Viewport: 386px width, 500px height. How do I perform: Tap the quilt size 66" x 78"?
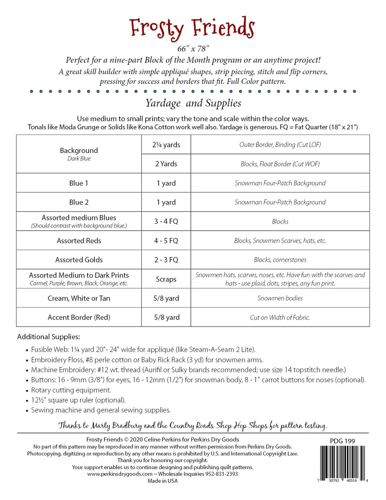(x=193, y=49)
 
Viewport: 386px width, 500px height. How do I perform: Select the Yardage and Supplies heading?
(x=193, y=103)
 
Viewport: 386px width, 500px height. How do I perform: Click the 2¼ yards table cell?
(x=166, y=145)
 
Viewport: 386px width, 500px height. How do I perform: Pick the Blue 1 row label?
(x=79, y=183)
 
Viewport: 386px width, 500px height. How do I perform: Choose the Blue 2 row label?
(x=79, y=202)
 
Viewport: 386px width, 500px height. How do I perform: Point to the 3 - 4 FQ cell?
(x=166, y=221)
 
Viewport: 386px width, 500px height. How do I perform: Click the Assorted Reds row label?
(x=79, y=241)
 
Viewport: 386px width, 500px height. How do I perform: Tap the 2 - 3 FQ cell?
(x=166, y=260)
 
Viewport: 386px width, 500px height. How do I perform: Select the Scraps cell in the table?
(x=166, y=279)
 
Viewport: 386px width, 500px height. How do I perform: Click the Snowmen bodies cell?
(x=280, y=298)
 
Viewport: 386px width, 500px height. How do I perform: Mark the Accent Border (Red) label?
(x=79, y=317)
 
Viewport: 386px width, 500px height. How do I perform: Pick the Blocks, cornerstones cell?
(x=280, y=260)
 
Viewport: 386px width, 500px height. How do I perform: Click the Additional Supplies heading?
(x=49, y=337)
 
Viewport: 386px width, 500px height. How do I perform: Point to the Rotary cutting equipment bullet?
(x=71, y=390)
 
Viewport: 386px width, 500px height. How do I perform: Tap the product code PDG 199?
(x=342, y=441)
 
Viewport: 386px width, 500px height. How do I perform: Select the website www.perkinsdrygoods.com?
(x=120, y=474)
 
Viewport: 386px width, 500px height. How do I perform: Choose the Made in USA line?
(x=162, y=481)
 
